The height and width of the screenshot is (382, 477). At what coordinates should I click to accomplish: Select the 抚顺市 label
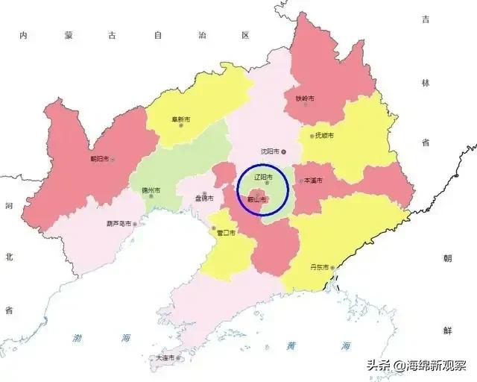(x=323, y=136)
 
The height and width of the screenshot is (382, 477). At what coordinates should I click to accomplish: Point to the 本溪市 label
(x=312, y=181)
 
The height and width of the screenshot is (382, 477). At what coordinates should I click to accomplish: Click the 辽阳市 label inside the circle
(x=263, y=178)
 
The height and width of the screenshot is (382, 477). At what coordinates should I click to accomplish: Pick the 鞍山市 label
(x=256, y=199)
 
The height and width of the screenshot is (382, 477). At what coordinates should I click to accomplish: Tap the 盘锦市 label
(x=203, y=198)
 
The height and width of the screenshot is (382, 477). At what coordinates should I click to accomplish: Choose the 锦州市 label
(x=151, y=190)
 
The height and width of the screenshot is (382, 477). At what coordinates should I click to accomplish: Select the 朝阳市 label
(x=98, y=159)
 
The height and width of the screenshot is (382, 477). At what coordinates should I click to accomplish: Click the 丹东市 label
(x=319, y=267)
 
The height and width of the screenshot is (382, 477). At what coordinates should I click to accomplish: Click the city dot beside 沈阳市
(x=283, y=151)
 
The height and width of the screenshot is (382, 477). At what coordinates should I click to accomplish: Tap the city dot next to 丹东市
(x=334, y=268)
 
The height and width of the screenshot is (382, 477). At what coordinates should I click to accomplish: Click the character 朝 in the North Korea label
(x=447, y=259)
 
